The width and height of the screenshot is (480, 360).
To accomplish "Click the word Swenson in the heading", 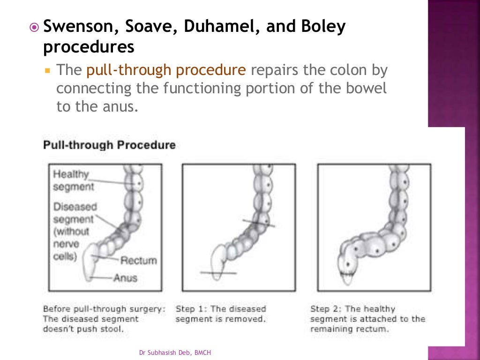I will tap(78, 27).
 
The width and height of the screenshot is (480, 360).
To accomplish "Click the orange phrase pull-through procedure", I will tap(166, 70).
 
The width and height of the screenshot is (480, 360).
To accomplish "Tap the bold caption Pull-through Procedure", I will tap(109, 145).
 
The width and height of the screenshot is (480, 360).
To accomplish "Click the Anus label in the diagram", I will tap(126, 278).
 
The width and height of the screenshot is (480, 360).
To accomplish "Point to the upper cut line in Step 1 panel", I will tap(259, 224).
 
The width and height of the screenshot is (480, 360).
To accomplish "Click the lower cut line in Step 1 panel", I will tap(218, 272).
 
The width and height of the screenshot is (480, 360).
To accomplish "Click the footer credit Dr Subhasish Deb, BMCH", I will tap(179, 352).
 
